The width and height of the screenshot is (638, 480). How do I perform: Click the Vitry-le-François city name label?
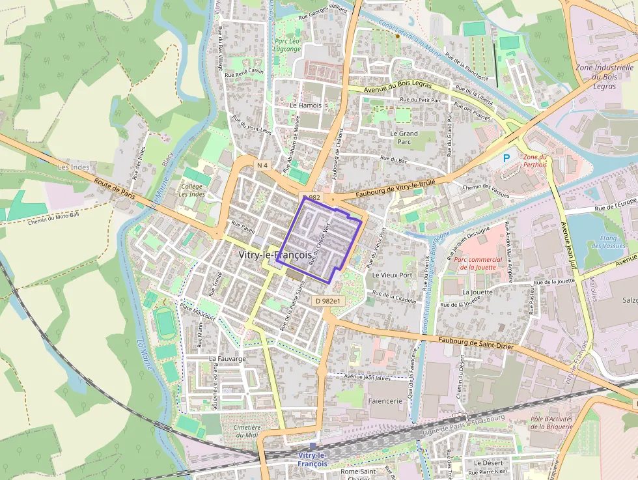coord(275,255)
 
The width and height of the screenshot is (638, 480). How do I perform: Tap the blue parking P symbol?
coord(506,158)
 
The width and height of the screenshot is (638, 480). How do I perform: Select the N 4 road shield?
coord(262,165)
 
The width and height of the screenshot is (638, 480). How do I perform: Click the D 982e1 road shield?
coord(327,301)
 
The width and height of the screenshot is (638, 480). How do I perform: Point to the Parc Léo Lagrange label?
coord(288,44)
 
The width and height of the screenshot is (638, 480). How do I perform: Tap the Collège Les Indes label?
coord(192,190)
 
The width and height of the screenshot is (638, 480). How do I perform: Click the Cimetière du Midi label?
coord(247,431)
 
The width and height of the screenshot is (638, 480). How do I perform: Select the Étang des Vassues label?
coord(608,242)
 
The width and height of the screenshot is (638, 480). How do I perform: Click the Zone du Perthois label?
coord(535,160)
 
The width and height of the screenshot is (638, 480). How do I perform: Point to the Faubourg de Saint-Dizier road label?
coord(476,341)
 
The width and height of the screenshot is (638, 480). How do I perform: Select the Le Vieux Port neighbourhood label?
coord(392,275)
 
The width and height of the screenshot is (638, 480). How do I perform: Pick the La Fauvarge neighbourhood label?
coord(227,358)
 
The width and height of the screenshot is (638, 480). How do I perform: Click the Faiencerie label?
coord(386,401)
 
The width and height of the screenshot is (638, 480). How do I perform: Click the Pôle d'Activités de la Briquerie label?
coord(551,423)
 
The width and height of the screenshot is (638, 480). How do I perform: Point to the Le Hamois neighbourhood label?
coord(306,105)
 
